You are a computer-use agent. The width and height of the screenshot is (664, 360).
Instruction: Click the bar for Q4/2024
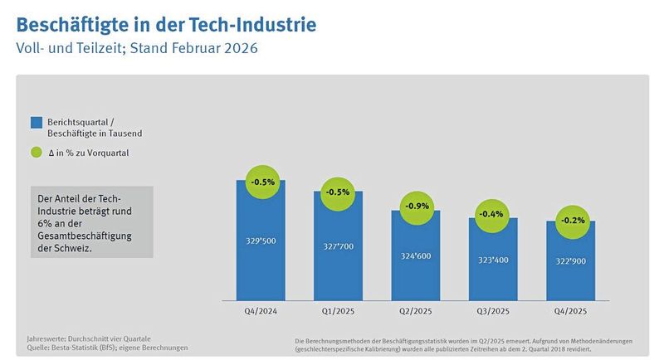point(261,249)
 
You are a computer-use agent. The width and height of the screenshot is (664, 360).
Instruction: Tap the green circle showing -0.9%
point(415,205)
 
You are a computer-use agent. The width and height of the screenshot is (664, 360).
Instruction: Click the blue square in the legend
point(36,123)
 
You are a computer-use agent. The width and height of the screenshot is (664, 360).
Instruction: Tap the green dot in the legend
point(36,153)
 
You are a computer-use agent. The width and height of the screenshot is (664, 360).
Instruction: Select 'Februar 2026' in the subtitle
point(215,48)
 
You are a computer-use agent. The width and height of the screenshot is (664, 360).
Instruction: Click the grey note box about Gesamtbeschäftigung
point(91,224)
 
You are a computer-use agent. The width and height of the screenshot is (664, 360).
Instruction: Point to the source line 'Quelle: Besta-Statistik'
point(108,347)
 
